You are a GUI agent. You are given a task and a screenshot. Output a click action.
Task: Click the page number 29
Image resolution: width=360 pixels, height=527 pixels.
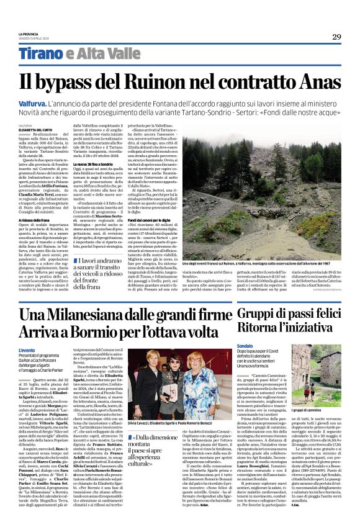[x=336, y=37]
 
